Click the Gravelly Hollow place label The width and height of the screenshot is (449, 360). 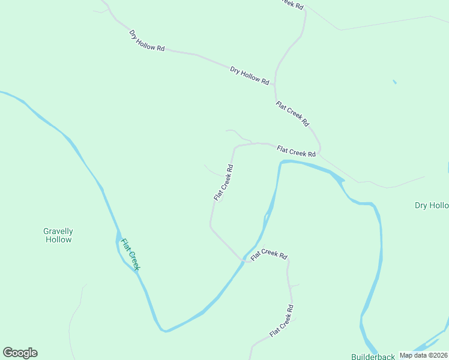coord(58,235)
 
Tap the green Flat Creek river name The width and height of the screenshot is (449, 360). coord(130,254)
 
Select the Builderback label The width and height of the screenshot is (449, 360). coord(373,356)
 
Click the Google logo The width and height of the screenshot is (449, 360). coord(20,353)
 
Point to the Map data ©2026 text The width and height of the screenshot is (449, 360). coord(423,355)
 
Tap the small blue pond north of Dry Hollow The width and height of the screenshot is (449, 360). coord(394,82)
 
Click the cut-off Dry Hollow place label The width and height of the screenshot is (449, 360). coord(432,206)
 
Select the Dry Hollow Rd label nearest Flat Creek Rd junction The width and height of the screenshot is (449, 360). coord(250,76)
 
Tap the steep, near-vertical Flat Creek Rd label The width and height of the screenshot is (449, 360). coord(223,182)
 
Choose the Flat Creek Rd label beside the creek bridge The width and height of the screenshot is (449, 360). coord(269,254)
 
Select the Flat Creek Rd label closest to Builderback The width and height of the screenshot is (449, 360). coord(282,321)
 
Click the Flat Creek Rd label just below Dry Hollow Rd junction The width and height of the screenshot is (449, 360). coord(292,113)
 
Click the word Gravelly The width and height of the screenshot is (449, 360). coord(58,231)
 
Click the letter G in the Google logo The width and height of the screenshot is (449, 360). coord(8,353)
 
